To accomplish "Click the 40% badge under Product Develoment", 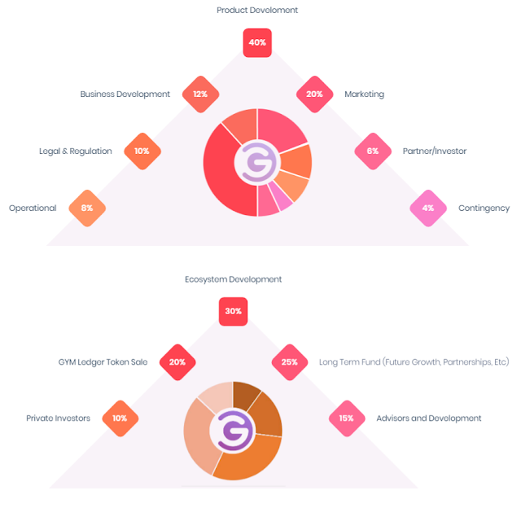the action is [257, 43].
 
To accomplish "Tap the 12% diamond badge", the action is [200, 94].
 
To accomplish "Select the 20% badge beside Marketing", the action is [314, 94].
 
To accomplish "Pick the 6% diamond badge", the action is [373, 151].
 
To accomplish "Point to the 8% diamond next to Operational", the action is [87, 208].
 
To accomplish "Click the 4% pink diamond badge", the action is [428, 208].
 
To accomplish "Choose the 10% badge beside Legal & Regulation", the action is [142, 151].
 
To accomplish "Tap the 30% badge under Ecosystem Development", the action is [233, 311].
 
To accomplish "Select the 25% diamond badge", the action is [290, 362].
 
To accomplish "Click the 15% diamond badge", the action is [347, 418].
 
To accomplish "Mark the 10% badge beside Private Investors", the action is [120, 418].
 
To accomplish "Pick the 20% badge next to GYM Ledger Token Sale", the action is [177, 362].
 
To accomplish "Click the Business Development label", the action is [125, 94].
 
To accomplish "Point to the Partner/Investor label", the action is [435, 151].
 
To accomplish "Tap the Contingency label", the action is [484, 208].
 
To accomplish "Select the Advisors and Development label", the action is [429, 418].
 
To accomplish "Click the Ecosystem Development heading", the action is [234, 279].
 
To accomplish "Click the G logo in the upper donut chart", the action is [259, 163].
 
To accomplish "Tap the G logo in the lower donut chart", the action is [234, 431].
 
